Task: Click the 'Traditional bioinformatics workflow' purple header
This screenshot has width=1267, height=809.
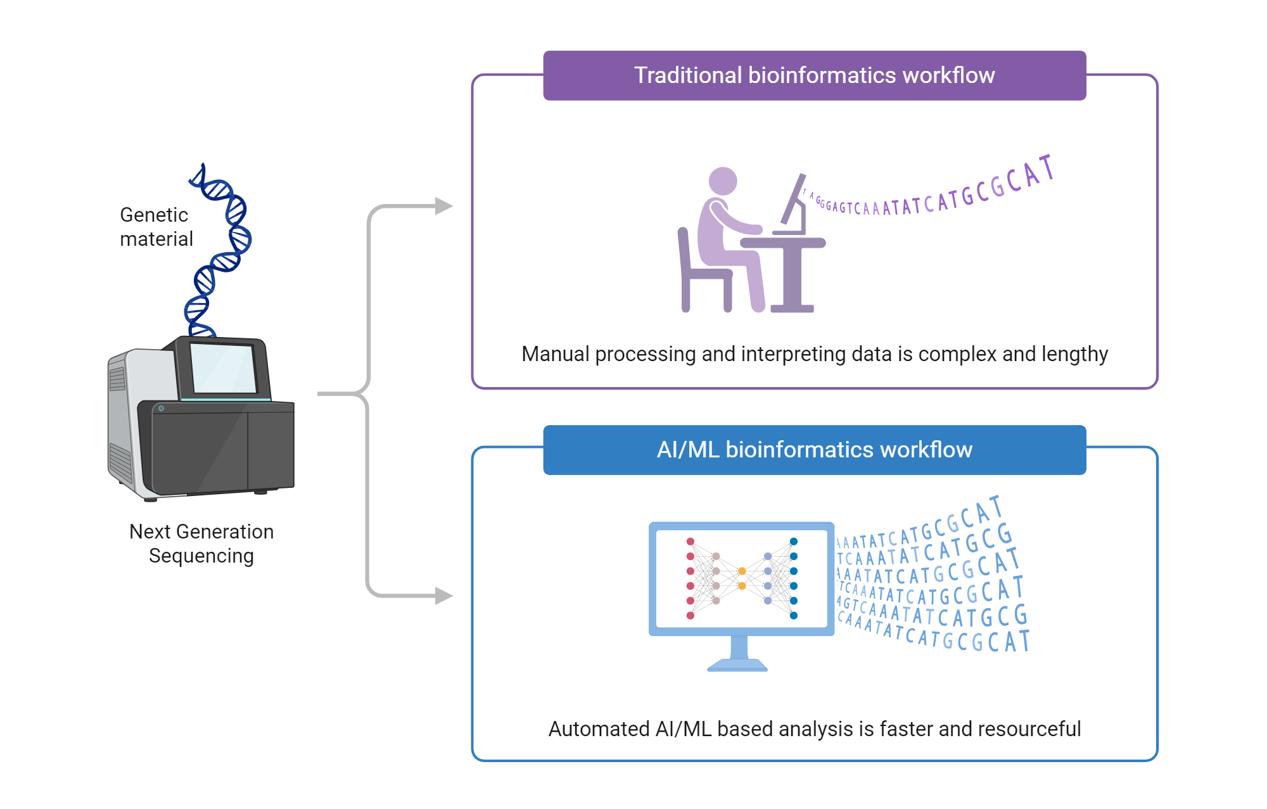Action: click(814, 75)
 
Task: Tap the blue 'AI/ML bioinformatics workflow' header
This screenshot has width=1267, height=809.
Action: click(814, 450)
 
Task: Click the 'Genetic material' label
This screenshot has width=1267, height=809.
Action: click(156, 227)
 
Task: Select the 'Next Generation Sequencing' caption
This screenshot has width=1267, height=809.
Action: click(201, 543)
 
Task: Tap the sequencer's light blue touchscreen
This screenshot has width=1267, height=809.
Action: click(223, 368)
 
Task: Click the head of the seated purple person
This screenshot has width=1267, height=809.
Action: click(722, 181)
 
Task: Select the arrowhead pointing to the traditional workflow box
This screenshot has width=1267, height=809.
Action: click(444, 206)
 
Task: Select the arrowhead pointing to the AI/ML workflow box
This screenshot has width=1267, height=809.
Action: click(444, 596)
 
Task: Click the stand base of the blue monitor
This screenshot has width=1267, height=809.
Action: click(737, 665)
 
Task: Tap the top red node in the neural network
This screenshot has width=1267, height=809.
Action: click(691, 542)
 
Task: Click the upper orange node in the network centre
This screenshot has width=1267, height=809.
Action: click(742, 571)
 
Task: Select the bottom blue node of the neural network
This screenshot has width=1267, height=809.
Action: click(794, 615)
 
